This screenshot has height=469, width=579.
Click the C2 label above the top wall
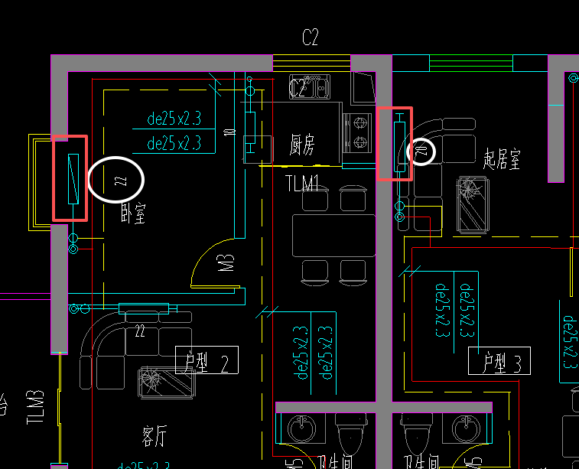point(310,38)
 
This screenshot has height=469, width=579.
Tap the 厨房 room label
point(303,145)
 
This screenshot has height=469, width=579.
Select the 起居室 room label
point(502,158)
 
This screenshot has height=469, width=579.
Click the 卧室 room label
point(132,213)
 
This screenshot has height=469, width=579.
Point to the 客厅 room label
point(154,437)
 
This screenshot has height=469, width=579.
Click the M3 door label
point(226,263)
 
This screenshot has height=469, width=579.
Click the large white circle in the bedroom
point(116,179)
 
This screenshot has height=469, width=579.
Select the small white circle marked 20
point(421,151)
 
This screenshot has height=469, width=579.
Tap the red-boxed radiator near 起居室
point(395,144)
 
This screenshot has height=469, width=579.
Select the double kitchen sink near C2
point(309,86)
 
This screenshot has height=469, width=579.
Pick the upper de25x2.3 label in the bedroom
point(174,119)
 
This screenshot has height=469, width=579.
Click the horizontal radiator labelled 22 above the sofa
point(143,308)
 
